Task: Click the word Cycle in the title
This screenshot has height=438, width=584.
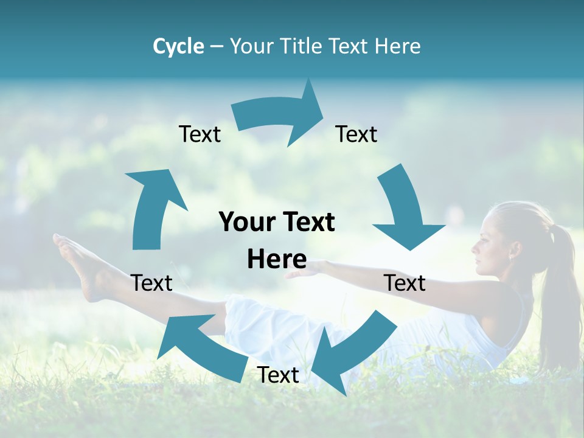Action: pyautogui.click(x=178, y=46)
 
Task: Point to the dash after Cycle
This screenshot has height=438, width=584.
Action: pyautogui.click(x=217, y=47)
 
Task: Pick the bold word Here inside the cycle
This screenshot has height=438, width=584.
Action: pyautogui.click(x=277, y=259)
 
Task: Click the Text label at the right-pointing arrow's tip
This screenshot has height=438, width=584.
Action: pyautogui.click(x=356, y=134)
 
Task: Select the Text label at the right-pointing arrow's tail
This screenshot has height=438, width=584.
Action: pyautogui.click(x=200, y=134)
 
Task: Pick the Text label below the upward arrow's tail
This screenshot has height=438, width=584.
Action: pyautogui.click(x=151, y=283)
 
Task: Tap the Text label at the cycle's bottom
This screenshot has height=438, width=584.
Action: pyautogui.click(x=278, y=375)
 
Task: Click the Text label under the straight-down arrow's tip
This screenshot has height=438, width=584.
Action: pyautogui.click(x=405, y=283)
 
